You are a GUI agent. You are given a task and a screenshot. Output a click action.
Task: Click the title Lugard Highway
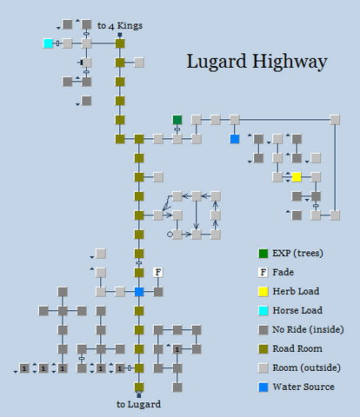257,63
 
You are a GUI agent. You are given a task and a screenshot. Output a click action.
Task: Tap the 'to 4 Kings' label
120,26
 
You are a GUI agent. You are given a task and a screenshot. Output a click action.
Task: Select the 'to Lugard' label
138,404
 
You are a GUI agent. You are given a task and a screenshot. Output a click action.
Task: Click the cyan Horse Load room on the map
48,43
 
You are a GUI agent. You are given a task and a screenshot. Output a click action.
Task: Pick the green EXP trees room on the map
177,120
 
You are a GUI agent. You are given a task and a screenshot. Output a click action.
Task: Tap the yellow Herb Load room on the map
297,177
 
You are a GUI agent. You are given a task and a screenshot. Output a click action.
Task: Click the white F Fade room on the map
158,273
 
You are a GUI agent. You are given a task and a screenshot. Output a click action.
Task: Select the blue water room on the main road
139,292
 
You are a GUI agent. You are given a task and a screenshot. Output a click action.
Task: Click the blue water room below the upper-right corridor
235,139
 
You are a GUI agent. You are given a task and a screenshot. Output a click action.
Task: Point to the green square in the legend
263,254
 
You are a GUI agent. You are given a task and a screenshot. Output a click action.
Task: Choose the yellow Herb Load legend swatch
263,292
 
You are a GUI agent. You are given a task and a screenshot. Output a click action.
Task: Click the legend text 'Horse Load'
297,310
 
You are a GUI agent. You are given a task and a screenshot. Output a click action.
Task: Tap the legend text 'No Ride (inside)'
308,329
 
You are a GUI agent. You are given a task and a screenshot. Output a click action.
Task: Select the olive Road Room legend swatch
263,349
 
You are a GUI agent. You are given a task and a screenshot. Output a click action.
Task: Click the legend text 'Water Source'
303,387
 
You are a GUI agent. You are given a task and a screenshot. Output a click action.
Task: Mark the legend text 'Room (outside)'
306,367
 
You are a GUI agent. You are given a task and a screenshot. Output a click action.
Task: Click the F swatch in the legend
263,273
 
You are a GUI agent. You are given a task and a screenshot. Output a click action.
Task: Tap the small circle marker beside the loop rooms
170,235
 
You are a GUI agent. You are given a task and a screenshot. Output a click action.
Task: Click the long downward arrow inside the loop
197,215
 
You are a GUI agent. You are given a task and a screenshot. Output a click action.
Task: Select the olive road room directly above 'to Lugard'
139,387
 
